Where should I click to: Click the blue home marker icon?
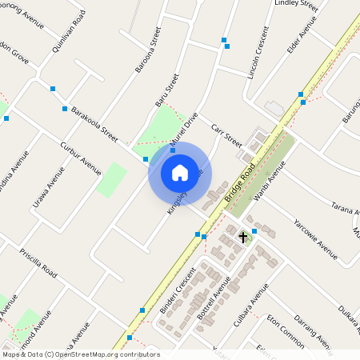point(180,173)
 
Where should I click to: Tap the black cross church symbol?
point(243,237)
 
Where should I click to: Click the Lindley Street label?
point(296,6)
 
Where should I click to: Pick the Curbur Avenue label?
point(80,158)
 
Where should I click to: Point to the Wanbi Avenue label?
point(270,183)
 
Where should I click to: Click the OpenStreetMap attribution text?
point(80,354)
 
